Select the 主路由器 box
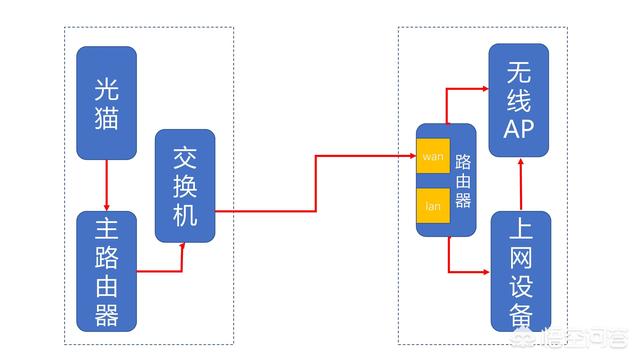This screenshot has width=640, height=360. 105,270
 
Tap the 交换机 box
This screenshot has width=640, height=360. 185,185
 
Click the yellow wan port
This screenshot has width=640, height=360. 432,157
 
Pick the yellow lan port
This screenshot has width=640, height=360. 432,205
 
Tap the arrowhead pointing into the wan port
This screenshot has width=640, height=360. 411,157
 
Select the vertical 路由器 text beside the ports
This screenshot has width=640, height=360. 462,180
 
